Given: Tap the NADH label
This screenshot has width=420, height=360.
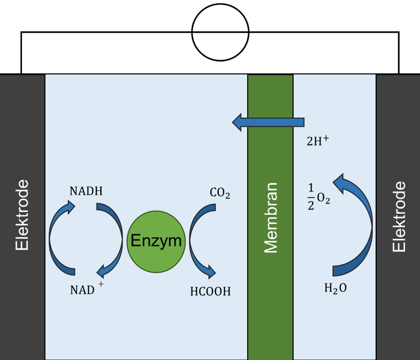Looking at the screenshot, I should tap(86, 192).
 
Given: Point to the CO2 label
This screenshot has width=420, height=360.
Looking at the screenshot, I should tap(220, 193).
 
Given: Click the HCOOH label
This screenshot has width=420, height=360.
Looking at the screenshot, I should tap(210, 292).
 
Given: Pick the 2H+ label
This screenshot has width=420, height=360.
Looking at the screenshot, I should tap(317, 141).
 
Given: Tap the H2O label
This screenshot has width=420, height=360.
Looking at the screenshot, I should tap(335, 289).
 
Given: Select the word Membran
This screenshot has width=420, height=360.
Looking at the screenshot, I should tap(270, 217).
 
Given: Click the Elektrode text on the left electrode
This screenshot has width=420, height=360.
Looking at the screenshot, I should tap(22, 215).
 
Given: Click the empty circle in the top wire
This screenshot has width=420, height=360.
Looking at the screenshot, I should tap(220, 32).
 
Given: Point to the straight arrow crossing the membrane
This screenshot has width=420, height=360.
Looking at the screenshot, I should tap(268, 122).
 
